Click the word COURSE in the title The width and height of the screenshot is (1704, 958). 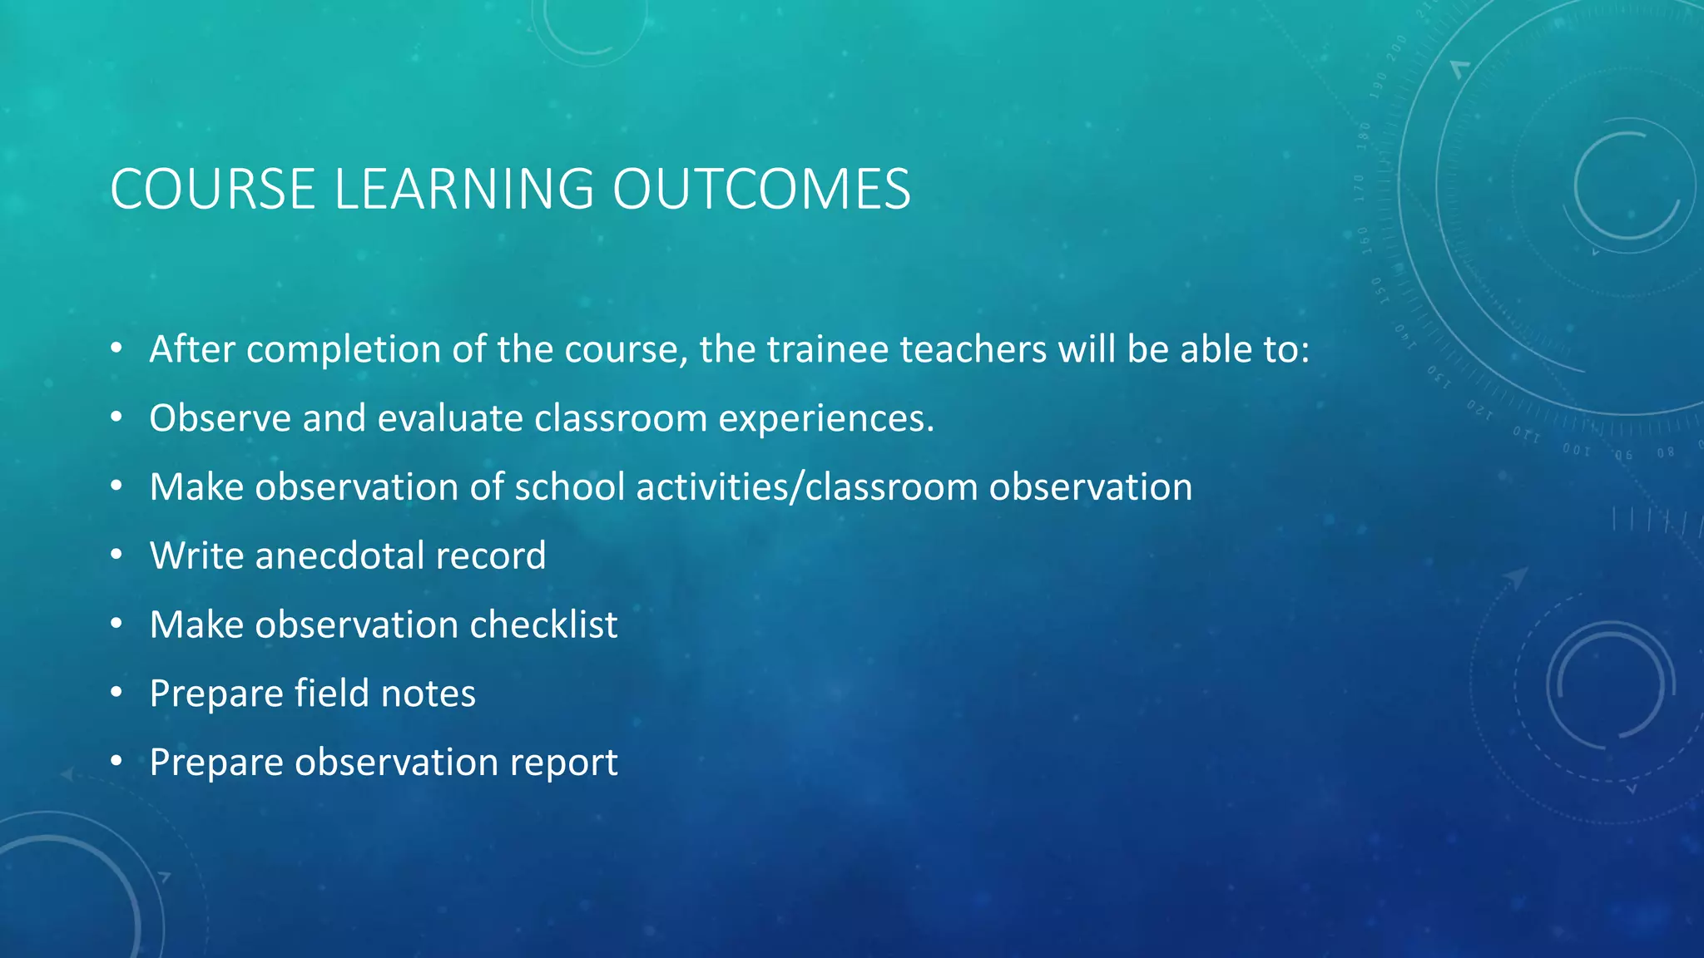[212, 190]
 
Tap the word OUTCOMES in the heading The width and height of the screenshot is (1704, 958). [761, 190]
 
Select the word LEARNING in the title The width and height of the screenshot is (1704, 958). [463, 190]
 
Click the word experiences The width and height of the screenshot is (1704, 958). [826, 418]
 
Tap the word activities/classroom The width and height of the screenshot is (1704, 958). [806, 487]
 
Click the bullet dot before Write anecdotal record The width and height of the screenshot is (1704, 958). [117, 555]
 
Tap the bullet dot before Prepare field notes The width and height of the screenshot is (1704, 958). [117, 693]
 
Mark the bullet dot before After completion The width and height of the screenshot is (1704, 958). [117, 348]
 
